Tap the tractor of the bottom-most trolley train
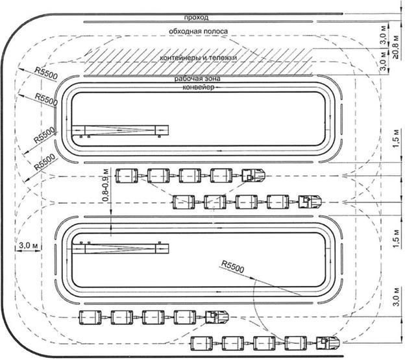tap(330, 342)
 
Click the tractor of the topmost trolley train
tap(254, 175)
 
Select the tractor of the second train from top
tap(310, 201)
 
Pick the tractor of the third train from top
tap(217, 317)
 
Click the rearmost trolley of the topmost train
tap(126, 175)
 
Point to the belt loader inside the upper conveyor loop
tap(120, 131)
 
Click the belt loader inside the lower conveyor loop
tap(120, 246)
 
